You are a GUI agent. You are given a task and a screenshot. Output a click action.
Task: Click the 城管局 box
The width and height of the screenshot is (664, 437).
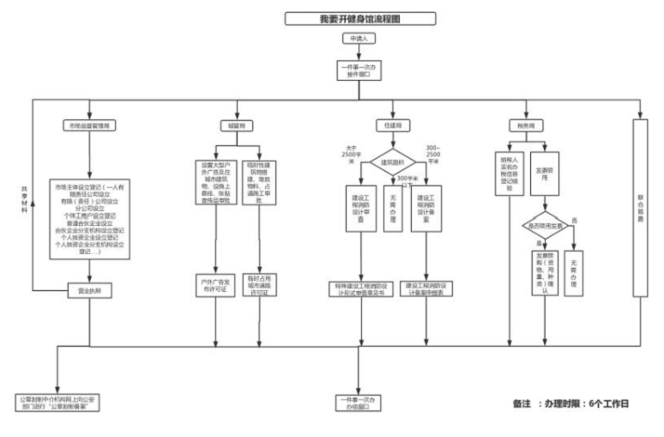click(236, 125)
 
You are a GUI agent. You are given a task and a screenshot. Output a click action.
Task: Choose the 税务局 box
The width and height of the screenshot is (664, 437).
click(523, 125)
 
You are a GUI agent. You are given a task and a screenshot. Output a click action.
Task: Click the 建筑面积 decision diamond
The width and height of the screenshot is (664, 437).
click(393, 162)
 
